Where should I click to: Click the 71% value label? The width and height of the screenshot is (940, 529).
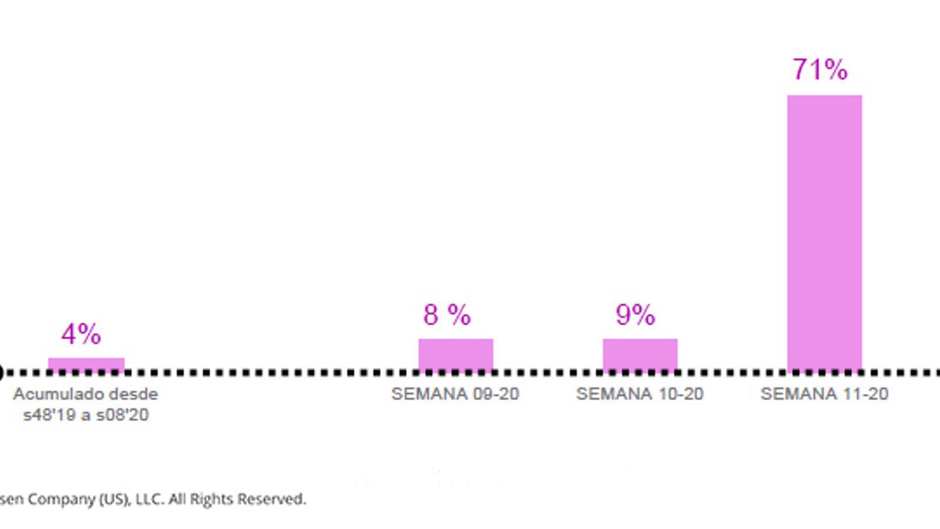pyautogui.click(x=820, y=69)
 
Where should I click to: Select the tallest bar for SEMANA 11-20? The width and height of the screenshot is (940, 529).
pyautogui.click(x=824, y=232)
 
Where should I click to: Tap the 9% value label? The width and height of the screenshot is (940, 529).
pyautogui.click(x=635, y=315)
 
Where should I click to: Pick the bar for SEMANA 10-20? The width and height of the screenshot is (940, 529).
pyautogui.click(x=640, y=354)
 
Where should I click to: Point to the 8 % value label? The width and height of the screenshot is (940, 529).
pyautogui.click(x=446, y=315)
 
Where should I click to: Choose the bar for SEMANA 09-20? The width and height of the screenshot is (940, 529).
pyautogui.click(x=455, y=354)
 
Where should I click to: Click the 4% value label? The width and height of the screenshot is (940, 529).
pyautogui.click(x=81, y=334)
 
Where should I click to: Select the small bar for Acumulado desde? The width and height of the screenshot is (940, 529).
pyautogui.click(x=86, y=364)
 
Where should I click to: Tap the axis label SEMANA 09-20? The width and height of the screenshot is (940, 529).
pyautogui.click(x=455, y=394)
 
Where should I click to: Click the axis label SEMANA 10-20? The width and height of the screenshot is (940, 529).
pyautogui.click(x=640, y=394)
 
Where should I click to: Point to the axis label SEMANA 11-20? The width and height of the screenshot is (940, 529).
pyautogui.click(x=824, y=394)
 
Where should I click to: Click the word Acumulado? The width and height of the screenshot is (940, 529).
pyautogui.click(x=52, y=394)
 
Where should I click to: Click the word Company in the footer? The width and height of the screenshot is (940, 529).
pyautogui.click(x=61, y=500)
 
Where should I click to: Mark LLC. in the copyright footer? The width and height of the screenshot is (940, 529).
pyautogui.click(x=149, y=500)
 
